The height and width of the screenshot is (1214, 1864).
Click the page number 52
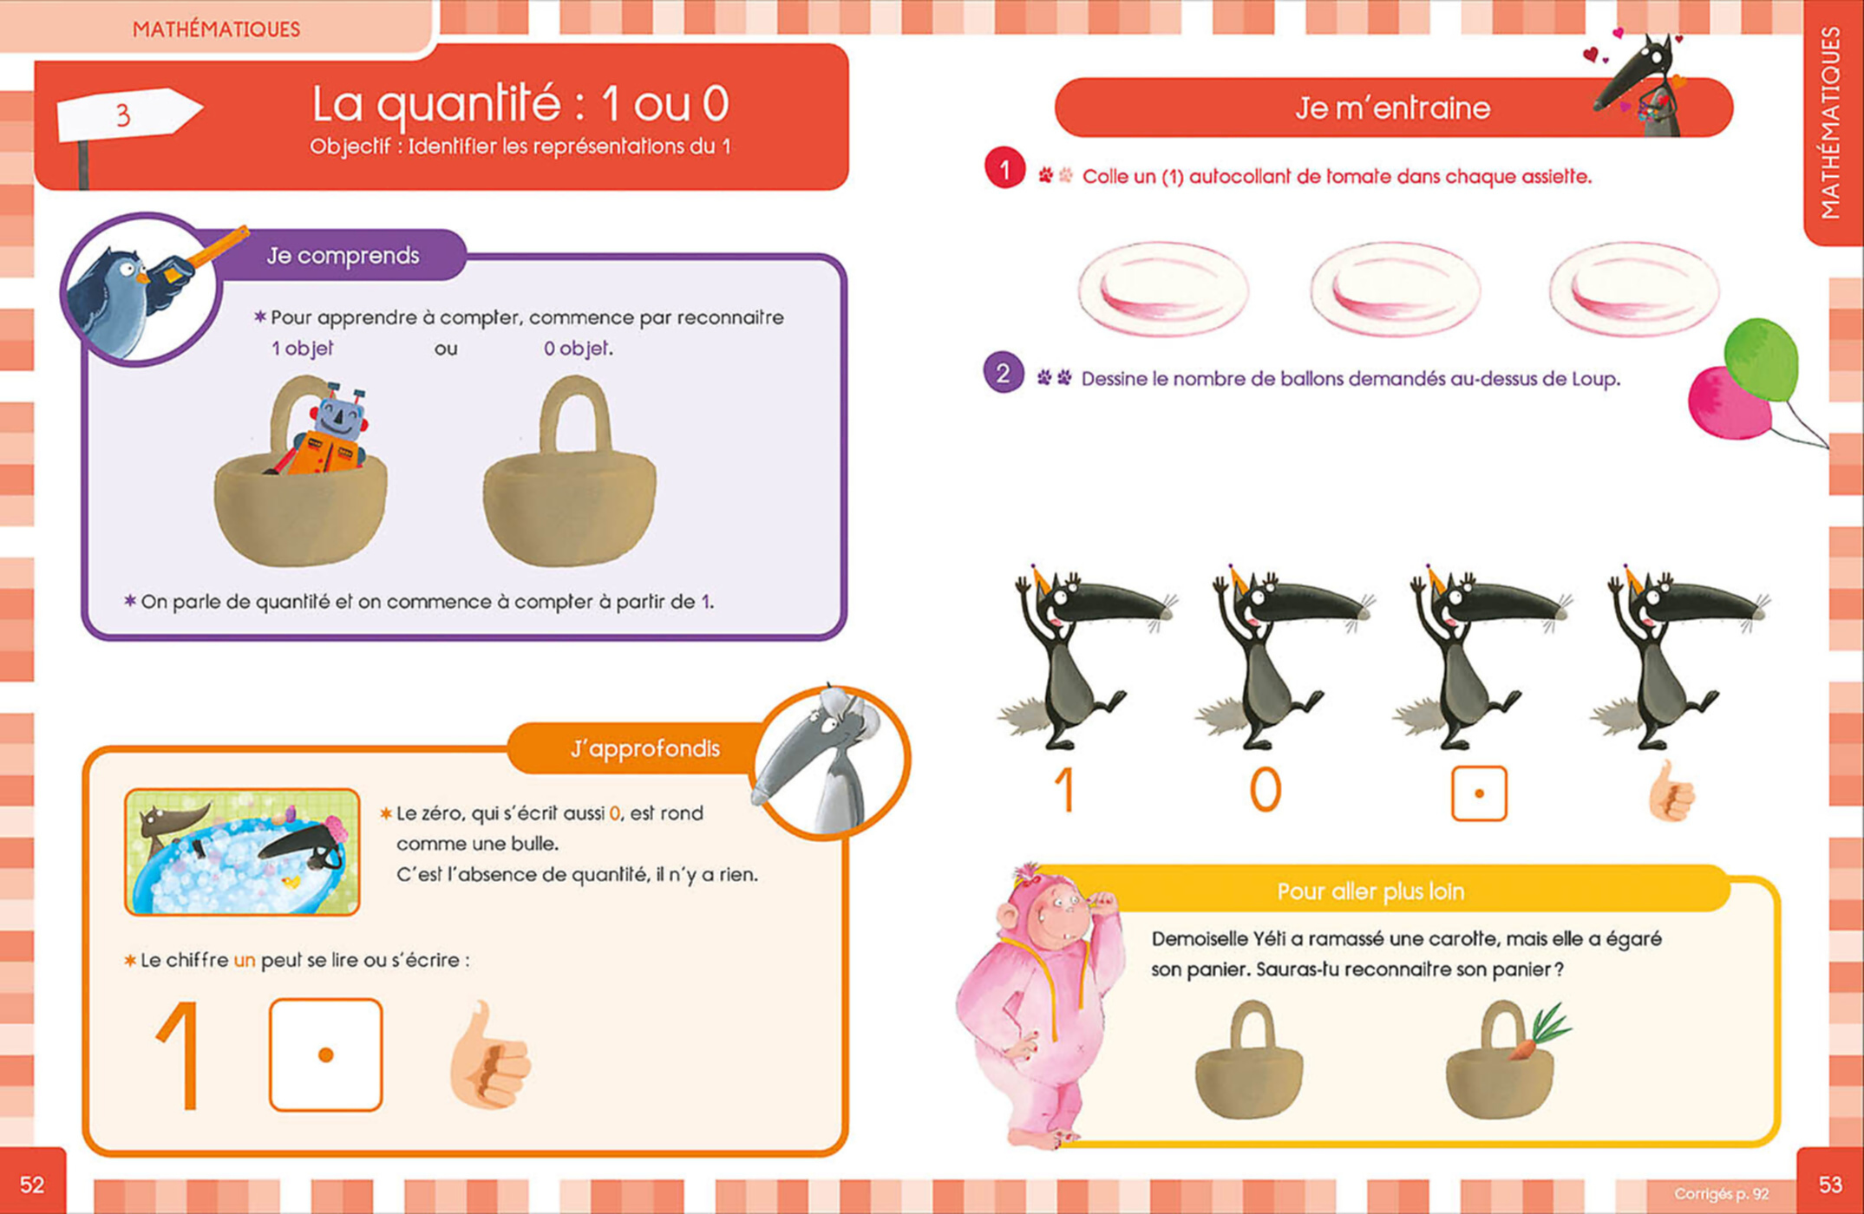tap(32, 1185)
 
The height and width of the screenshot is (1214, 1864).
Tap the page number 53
tap(1830, 1185)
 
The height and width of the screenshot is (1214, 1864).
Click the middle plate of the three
tap(1395, 289)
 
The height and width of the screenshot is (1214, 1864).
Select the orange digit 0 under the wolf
tap(1266, 790)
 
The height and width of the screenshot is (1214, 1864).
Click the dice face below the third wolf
tap(1479, 793)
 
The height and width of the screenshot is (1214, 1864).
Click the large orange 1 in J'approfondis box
tap(180, 1055)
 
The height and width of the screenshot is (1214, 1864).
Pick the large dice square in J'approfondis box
tap(326, 1054)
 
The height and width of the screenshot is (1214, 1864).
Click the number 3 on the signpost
tap(123, 115)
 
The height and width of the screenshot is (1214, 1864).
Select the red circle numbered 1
tap(1005, 169)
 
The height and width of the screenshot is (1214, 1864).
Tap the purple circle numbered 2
tap(1004, 373)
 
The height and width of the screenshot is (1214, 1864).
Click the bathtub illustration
tap(242, 852)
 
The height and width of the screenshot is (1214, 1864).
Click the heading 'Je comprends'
tap(343, 256)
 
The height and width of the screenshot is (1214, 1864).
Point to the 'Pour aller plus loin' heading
tap(1370, 891)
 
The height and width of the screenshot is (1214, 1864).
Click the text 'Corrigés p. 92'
tap(1722, 1194)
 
